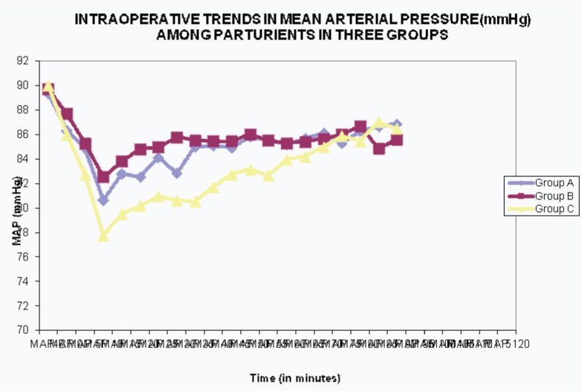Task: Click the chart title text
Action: click(x=303, y=28)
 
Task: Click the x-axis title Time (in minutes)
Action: click(x=295, y=379)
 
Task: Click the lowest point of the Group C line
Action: click(x=103, y=235)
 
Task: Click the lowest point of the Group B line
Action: click(x=103, y=177)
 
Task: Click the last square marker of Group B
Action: click(x=397, y=140)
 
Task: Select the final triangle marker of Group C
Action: click(x=397, y=129)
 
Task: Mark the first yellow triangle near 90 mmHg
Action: click(x=48, y=86)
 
